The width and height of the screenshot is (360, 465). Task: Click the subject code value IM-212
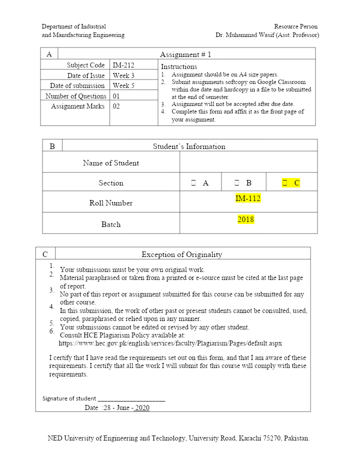[123, 65]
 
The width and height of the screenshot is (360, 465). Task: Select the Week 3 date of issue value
[123, 75]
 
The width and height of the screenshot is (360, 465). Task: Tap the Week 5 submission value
[123, 85]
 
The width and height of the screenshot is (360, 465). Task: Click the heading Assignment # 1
[185, 54]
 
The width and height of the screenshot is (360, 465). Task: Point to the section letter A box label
[49, 54]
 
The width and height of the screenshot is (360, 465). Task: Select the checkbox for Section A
[193, 183]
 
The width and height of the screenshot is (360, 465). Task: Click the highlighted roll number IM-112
[248, 198]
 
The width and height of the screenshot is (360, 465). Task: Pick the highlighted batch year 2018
[246, 219]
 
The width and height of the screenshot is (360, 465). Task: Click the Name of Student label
[111, 163]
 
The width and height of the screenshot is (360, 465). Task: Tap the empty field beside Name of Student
[248, 162]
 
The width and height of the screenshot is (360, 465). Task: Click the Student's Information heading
[189, 146]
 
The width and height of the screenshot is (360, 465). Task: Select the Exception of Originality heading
[181, 254]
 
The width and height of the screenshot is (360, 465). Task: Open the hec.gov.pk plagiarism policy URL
[170, 343]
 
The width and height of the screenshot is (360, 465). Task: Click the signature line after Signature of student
[131, 399]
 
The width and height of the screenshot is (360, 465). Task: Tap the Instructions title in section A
[179, 66]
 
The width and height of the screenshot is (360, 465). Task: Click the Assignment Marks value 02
[116, 106]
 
